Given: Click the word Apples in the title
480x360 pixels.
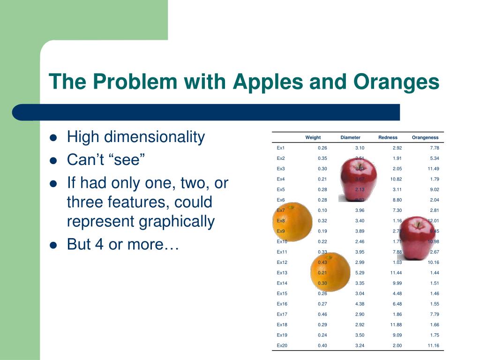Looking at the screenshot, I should point(264,82).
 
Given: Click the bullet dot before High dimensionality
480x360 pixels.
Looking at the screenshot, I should point(53,138).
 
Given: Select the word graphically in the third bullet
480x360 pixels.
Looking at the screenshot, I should point(177,221).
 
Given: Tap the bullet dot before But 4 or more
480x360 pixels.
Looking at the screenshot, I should point(53,245).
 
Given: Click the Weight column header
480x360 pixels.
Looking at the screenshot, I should point(313,137).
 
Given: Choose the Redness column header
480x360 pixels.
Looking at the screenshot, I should point(388,137).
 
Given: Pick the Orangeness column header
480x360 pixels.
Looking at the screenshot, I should point(425,137).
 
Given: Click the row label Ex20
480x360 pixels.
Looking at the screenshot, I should point(282,345).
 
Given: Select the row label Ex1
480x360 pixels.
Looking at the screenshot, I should point(281,148).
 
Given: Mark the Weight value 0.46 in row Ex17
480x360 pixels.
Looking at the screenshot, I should point(322,314).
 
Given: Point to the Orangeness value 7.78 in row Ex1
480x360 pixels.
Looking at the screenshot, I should point(434,148).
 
